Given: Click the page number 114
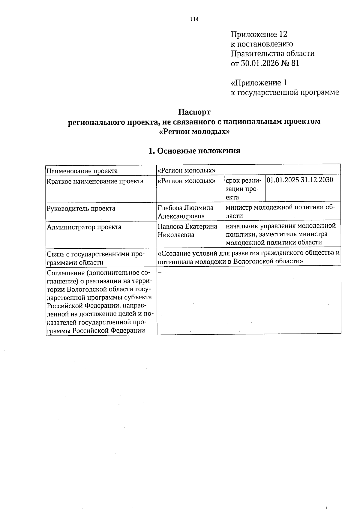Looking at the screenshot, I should click(x=194, y=19).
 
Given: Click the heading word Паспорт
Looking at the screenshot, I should click(x=194, y=112).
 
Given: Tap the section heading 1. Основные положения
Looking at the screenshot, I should click(x=194, y=151).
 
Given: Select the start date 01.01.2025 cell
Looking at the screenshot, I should click(x=283, y=180).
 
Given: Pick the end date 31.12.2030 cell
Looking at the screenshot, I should click(x=317, y=180).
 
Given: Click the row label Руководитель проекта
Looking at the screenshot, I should click(x=81, y=208).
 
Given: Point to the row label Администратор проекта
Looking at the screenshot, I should click(x=84, y=227).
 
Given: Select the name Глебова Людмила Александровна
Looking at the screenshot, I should click(x=186, y=212).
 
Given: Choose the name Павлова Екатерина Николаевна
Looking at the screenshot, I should click(x=187, y=230).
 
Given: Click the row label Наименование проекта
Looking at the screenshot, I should click(x=82, y=171).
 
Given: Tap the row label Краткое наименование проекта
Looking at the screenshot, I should click(x=95, y=181).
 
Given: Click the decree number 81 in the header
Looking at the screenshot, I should click(x=295, y=64).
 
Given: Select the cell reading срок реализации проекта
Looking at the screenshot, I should click(x=244, y=189).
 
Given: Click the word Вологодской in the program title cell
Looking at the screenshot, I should click(x=253, y=261).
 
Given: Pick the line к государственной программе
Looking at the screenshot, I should click(x=285, y=92).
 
